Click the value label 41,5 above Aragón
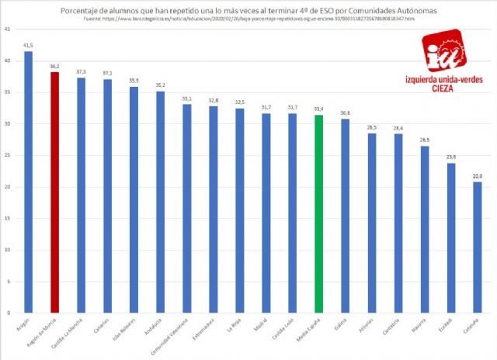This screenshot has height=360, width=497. pos(29,46)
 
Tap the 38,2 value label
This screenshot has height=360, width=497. pos(54,67)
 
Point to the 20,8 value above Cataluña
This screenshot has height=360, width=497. pos(477,176)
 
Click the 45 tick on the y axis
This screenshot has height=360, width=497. pos(8,29)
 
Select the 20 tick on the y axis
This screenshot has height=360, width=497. pos(8,187)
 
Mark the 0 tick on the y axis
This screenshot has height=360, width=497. pos(9,313)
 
